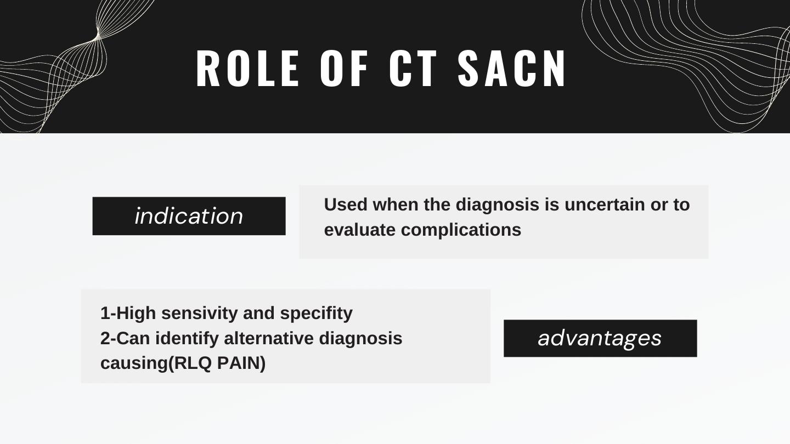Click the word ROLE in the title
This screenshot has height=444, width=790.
[248, 68]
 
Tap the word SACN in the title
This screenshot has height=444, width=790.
[512, 68]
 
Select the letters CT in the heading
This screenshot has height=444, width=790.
[413, 68]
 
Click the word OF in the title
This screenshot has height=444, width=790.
[344, 68]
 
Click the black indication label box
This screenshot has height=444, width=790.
[189, 216]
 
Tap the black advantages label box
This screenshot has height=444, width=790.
[600, 338]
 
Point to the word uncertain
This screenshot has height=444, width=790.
[605, 205]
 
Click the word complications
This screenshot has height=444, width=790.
[461, 230]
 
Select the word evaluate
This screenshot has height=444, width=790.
[360, 230]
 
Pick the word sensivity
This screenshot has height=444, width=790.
[200, 314]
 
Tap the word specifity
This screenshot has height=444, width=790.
[316, 314]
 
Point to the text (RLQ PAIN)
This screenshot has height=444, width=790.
[217, 363]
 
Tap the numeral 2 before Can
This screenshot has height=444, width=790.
[105, 338]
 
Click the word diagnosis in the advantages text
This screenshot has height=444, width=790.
[360, 339]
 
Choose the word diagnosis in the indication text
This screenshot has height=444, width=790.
[497, 205]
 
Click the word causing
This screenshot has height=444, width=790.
[134, 364]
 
